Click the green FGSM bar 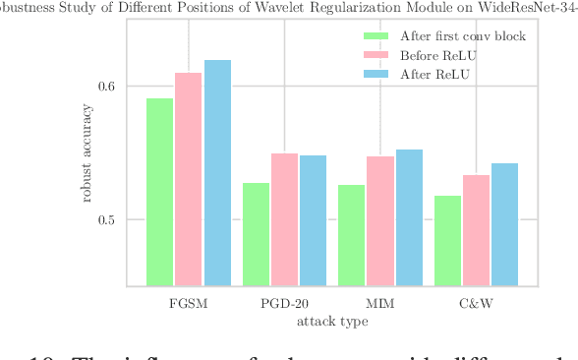tap(159, 192)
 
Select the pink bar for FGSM tap(188, 179)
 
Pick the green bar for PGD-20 tap(256, 234)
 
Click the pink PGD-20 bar tap(284, 219)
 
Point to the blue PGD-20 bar tap(313, 220)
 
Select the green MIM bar tap(351, 235)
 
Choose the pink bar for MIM tap(380, 221)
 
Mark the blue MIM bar tap(409, 217)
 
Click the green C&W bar tap(447, 241)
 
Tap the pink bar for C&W tap(476, 230)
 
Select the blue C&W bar tap(504, 224)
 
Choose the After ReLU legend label tap(435, 74)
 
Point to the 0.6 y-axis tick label tap(105, 86)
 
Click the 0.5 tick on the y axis tap(105, 219)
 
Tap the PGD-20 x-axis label tap(284, 304)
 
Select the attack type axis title tap(332, 321)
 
